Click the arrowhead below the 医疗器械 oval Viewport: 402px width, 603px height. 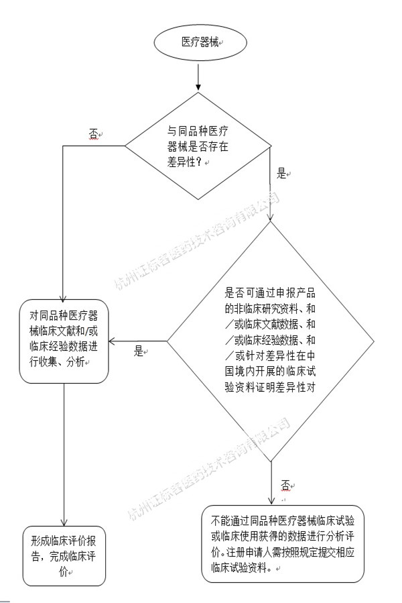(x=198, y=87)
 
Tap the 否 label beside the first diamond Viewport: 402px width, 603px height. (x=93, y=134)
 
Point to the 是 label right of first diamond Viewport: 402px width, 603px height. (x=281, y=174)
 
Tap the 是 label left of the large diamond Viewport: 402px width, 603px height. (x=139, y=351)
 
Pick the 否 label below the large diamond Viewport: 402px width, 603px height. (x=285, y=485)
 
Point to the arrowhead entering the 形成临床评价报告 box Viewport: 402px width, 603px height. (x=64, y=522)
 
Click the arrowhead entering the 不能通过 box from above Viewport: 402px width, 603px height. (x=271, y=500)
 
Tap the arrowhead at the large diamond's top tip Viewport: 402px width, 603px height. (x=270, y=216)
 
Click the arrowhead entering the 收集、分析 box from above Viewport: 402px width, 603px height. (x=63, y=295)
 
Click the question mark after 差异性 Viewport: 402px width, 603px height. (x=199, y=162)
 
